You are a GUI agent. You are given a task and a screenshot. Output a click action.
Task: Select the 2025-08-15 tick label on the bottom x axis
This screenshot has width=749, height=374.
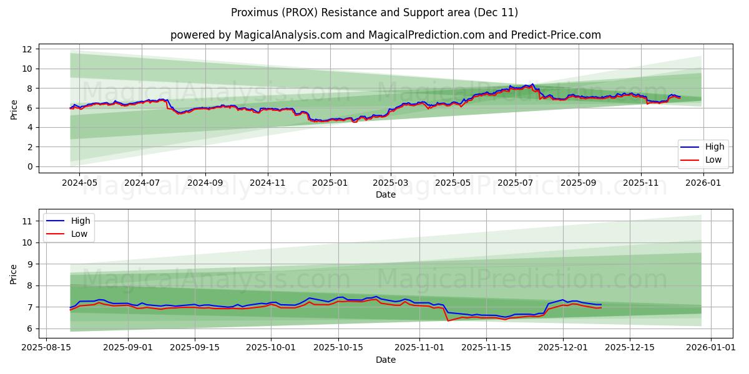pyautogui.click(x=47, y=347)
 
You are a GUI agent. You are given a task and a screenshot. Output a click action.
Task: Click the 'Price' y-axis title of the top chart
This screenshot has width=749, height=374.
pyautogui.click(x=14, y=109)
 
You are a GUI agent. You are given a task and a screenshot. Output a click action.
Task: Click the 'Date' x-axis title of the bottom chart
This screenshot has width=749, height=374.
pyautogui.click(x=385, y=360)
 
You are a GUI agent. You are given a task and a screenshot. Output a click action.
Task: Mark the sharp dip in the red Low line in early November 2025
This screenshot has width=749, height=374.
pyautogui.click(x=448, y=320)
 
